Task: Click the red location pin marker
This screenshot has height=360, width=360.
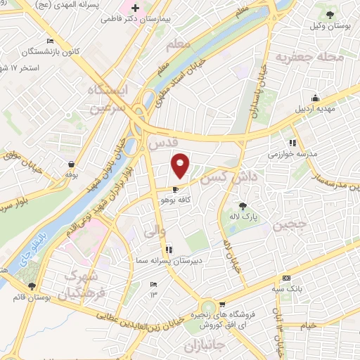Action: point(181,166)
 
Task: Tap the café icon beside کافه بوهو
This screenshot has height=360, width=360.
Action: point(175,189)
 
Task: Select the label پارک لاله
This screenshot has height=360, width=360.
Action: point(243,217)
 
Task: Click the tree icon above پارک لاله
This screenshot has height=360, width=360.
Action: point(243,205)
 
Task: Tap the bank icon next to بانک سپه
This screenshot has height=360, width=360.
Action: point(286,278)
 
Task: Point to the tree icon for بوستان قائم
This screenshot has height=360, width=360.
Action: point(31,287)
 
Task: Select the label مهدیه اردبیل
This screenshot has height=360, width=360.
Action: point(315,108)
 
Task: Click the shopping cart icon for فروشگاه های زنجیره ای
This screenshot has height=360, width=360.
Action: point(222,305)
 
